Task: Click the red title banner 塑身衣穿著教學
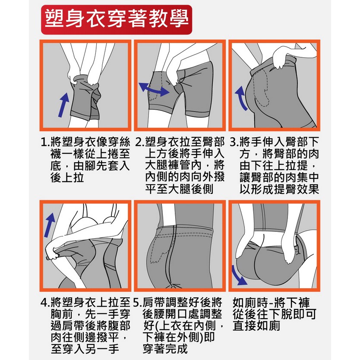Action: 117,19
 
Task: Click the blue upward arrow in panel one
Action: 63,105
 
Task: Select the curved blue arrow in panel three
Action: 241,98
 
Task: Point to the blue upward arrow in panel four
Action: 49,224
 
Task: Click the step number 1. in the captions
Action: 45,142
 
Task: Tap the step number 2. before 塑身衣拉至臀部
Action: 139,142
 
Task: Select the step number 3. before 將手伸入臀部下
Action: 234,142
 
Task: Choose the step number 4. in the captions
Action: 45,303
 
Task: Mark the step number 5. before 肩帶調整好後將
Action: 138,303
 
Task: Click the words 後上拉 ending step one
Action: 67,177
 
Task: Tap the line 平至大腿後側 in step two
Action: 179,189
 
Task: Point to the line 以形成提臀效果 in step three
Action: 279,189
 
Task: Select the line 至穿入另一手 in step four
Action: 85,349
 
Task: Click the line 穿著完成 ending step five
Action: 165,349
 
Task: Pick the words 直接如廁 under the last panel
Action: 256,325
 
